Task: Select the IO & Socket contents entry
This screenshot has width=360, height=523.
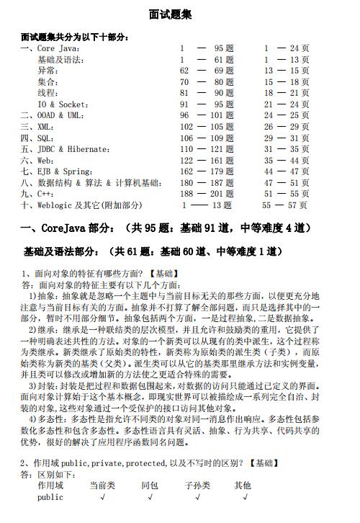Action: point(64,105)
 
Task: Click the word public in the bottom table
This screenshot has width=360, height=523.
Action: point(50,497)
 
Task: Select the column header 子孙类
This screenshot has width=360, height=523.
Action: point(197,486)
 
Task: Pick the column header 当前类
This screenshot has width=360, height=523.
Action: point(102,486)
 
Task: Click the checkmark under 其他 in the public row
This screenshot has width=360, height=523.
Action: point(246,497)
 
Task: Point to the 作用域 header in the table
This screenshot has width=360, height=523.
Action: point(50,486)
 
